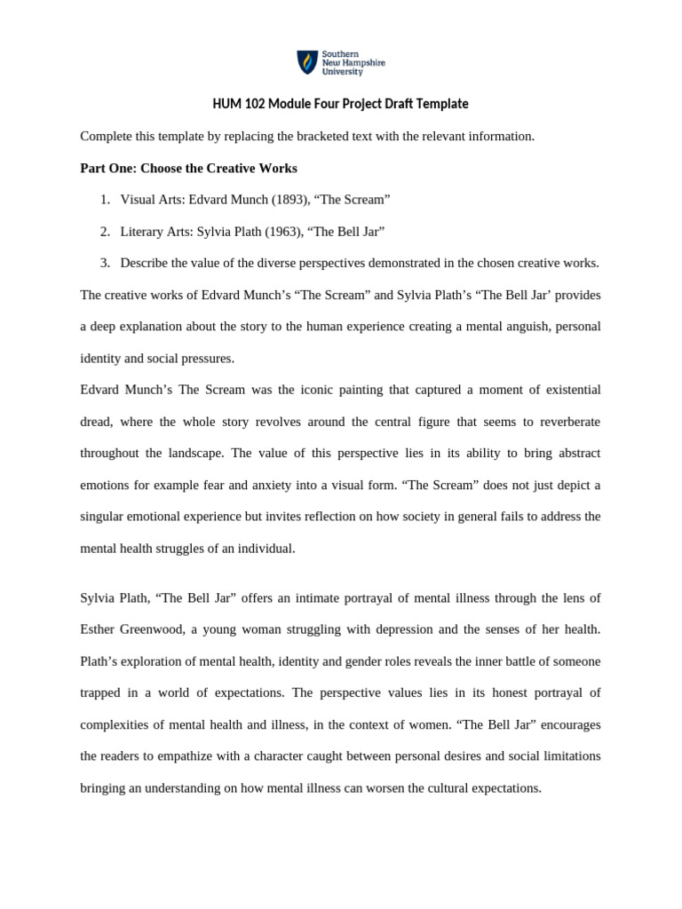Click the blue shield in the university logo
click(x=306, y=62)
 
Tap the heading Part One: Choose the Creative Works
click(x=188, y=168)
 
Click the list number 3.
click(x=104, y=263)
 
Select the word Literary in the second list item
click(x=142, y=232)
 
